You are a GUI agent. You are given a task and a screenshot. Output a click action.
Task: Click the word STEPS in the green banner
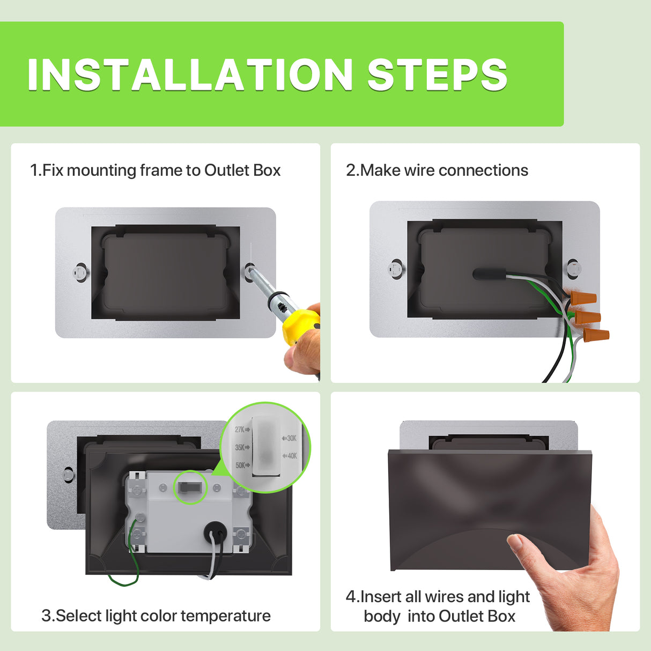437,75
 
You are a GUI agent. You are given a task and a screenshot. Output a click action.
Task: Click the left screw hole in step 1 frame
80,272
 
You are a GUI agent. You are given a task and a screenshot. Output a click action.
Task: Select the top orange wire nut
583,298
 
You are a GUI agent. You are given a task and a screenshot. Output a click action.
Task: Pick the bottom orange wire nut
596,337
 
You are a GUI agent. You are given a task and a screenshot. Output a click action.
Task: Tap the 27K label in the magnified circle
240,430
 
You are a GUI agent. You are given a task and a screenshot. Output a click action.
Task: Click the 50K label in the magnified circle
240,465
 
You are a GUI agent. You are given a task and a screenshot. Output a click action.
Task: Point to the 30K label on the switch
291,438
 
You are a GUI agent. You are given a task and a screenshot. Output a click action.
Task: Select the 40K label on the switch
291,456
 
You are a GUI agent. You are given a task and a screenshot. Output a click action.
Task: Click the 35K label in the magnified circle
240,447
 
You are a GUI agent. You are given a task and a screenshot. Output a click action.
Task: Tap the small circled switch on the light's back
190,487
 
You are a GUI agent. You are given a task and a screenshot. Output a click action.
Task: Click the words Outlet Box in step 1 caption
242,171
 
